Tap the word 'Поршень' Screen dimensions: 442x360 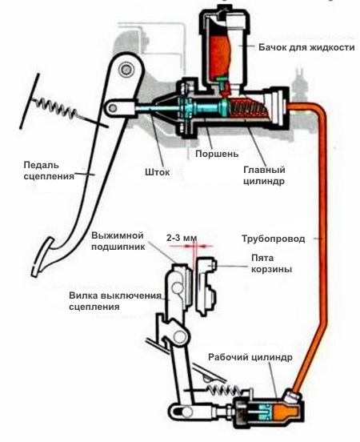pos(210,152)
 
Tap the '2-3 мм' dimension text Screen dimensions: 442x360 pos(181,238)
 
